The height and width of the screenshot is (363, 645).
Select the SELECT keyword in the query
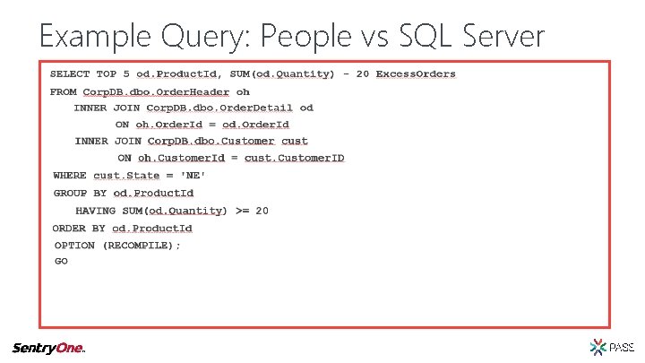pos(70,73)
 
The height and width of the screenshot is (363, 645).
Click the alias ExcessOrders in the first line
pos(416,73)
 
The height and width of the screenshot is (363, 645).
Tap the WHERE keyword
pos(70,176)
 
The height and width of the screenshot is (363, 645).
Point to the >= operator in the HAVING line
pos(242,211)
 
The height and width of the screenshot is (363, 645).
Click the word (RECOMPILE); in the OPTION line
pos(142,245)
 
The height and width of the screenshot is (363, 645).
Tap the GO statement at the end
pos(61,262)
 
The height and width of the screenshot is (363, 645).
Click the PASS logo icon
pos(598,347)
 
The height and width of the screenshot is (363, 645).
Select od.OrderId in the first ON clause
pos(255,125)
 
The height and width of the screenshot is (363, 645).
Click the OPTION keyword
pos(74,245)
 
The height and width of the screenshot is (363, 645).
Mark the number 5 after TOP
pos(126,73)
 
